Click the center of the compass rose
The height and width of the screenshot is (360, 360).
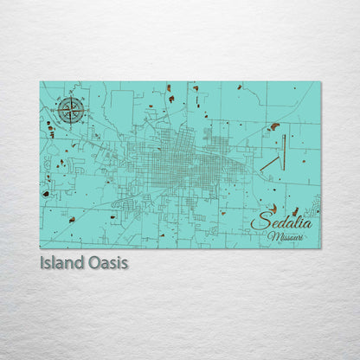(71, 110)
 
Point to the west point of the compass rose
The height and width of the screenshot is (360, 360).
(58, 110)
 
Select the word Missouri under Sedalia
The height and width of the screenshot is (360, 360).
(286, 235)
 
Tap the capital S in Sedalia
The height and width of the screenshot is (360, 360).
(257, 222)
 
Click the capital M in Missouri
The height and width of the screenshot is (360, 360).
(272, 235)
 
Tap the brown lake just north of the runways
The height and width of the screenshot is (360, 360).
(274, 126)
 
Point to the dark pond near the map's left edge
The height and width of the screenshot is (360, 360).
(46, 194)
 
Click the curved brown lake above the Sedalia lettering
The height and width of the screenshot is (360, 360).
(275, 208)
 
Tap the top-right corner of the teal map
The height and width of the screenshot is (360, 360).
(319, 82)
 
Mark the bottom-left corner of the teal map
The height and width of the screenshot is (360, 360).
(40, 247)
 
